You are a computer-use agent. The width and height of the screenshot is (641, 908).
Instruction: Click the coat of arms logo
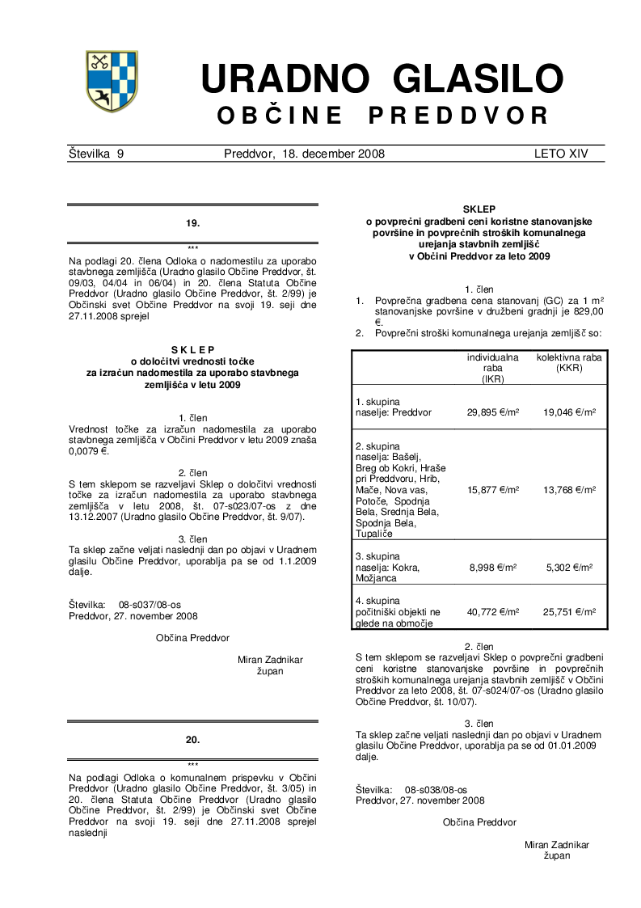pos(112,81)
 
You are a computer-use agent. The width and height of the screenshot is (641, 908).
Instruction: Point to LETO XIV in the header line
pos(561,154)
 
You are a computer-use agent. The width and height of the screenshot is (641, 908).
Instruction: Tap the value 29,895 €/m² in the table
pos(493,412)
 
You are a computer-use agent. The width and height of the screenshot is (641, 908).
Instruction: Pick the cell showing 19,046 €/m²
pos(570,412)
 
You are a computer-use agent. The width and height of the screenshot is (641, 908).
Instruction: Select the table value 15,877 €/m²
pos(493,490)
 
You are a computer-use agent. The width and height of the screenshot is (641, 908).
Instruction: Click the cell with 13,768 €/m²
pos(570,490)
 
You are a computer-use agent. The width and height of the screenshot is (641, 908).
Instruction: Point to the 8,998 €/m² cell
pos(493,568)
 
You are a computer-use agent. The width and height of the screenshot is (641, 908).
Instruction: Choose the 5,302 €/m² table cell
pos(570,568)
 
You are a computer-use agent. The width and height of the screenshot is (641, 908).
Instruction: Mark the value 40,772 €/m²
pos(493,612)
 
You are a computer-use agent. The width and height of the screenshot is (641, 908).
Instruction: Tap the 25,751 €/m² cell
pos(570,612)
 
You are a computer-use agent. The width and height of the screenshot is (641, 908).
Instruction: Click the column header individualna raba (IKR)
pos(493,368)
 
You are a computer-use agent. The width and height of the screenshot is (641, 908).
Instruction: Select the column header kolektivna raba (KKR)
pos(570,362)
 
